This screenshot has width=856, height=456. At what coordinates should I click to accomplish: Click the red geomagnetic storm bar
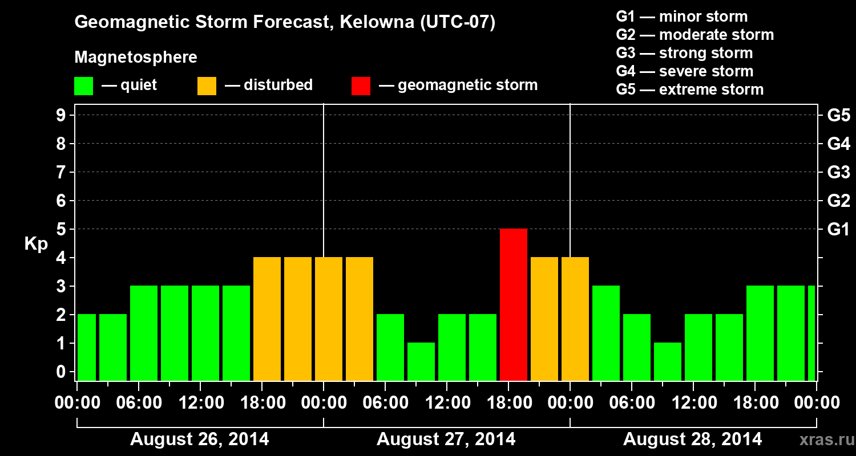tap(513, 304)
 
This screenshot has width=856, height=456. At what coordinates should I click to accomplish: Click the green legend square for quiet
tap(83, 85)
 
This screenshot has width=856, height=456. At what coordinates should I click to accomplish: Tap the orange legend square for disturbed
tap(207, 85)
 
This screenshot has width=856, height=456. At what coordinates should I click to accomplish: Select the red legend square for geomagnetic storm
tap(361, 85)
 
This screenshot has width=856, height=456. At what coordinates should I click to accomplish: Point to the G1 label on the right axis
tap(838, 229)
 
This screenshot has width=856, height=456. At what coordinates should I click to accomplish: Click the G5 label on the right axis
tap(838, 115)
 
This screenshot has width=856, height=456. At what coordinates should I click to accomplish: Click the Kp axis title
tap(36, 244)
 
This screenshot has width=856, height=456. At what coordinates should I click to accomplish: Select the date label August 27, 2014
tap(446, 439)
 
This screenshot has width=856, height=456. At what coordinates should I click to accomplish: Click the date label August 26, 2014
tap(200, 439)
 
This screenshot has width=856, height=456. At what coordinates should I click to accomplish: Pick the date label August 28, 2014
tap(692, 439)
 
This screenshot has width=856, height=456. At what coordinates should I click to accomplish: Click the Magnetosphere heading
tap(136, 58)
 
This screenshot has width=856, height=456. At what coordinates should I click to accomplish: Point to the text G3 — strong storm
tap(684, 53)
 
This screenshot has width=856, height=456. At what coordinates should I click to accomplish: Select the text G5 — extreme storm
tap(689, 89)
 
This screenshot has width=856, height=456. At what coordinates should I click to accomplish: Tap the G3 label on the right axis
tap(838, 172)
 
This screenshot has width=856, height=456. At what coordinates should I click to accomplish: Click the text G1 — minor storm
tap(681, 17)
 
